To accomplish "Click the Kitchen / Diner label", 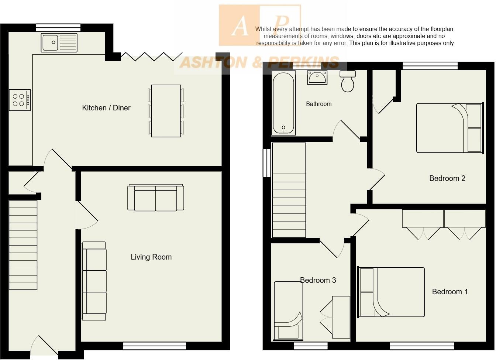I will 106,108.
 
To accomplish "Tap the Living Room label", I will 151,257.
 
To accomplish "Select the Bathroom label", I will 318,104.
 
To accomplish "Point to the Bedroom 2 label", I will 447,178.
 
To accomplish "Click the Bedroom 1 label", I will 449,292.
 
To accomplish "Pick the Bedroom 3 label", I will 318,280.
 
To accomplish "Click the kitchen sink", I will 59,42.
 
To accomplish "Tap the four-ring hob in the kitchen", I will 20,100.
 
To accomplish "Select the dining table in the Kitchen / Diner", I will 166,111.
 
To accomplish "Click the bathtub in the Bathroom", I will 283,103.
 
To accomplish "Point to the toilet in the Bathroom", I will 348,81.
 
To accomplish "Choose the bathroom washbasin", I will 317,77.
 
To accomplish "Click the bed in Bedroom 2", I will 449,128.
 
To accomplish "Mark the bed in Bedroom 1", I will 391,292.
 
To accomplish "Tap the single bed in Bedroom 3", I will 288,310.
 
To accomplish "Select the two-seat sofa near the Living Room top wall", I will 155,198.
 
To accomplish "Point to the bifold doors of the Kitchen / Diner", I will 151,56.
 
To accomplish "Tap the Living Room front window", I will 154,346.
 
